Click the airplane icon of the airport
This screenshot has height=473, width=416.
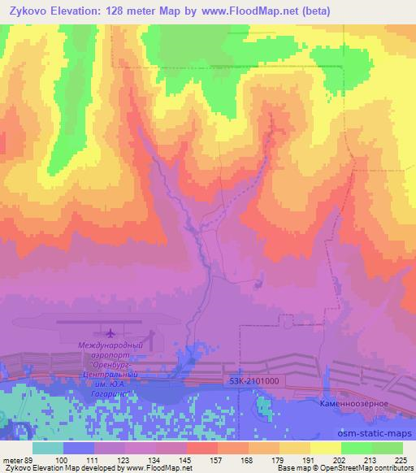[x=110, y=332]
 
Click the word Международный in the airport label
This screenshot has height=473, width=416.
[x=110, y=345]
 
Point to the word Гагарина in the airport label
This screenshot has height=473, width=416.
[x=119, y=391]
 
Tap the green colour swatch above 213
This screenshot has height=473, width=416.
[x=357, y=448]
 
